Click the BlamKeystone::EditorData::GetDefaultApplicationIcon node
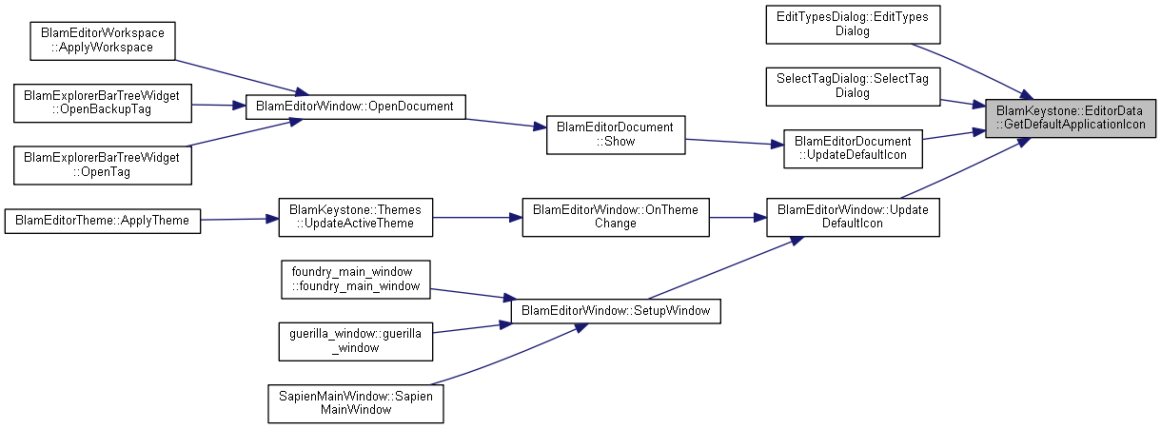1071,118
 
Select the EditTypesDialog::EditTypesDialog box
853,24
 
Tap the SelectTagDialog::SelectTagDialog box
853,87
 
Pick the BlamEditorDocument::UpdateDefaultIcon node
853,149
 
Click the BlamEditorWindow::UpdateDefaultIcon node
853,217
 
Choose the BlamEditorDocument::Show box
616,134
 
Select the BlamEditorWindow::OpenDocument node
355,106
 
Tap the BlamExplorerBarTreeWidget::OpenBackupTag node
103,102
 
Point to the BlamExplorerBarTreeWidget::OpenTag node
103,165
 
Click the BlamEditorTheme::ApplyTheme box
103,220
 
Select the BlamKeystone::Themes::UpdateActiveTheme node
355,217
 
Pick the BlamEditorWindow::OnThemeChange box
616,217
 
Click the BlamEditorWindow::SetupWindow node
616,311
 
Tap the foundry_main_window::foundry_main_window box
355,279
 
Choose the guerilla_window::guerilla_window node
355,341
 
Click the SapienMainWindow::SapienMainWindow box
355,403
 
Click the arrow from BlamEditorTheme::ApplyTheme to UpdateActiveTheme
239,219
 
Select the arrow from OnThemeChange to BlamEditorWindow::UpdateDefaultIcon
738,217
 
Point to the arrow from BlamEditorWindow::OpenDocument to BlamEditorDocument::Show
505,124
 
